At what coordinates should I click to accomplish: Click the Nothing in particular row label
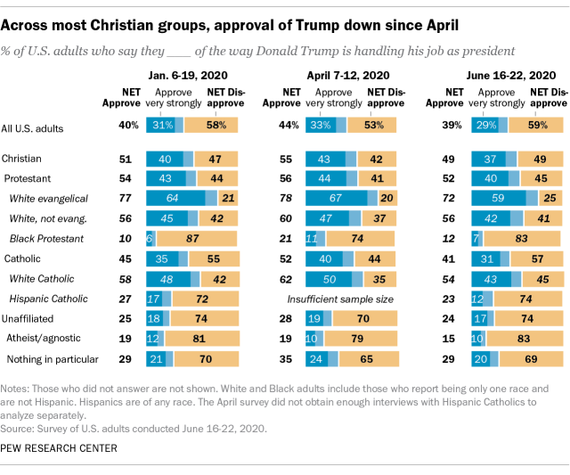pos(52,359)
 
